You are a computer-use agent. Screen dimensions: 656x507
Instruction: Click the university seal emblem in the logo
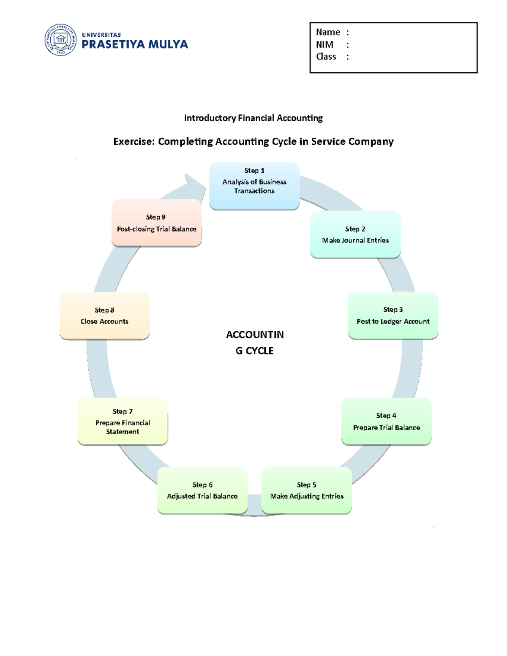tap(61, 40)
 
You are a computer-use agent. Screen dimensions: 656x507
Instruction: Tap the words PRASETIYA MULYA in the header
tap(134, 44)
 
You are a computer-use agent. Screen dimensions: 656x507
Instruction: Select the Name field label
tap(328, 32)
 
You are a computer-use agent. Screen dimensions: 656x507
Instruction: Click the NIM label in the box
tap(324, 44)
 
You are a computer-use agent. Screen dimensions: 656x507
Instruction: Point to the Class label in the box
tap(326, 57)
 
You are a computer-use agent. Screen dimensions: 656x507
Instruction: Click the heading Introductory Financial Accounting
tap(253, 118)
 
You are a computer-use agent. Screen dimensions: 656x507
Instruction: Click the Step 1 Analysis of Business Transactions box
tap(254, 186)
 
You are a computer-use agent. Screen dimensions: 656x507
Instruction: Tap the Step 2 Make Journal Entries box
tap(355, 234)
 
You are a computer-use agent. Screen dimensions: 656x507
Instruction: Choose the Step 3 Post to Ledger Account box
tap(393, 315)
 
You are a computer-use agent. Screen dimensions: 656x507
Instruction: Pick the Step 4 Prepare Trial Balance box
tap(386, 421)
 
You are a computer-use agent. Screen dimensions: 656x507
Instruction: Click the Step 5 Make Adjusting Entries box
tap(306, 490)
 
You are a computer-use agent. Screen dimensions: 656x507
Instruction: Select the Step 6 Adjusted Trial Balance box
tap(202, 490)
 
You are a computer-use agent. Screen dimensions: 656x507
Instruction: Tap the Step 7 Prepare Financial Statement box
tap(123, 421)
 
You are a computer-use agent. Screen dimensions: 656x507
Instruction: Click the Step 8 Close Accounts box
tap(104, 316)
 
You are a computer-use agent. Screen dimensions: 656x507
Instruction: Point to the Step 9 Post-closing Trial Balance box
tap(156, 223)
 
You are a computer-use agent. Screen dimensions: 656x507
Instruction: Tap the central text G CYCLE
tap(254, 351)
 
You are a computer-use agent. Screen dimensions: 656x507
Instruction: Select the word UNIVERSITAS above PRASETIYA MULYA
tap(101, 35)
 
